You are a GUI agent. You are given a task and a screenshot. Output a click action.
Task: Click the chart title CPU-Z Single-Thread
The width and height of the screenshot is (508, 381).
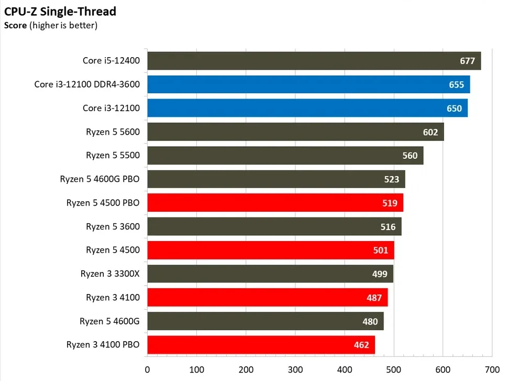(60, 11)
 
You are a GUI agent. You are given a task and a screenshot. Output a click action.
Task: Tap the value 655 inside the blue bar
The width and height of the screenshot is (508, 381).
(456, 84)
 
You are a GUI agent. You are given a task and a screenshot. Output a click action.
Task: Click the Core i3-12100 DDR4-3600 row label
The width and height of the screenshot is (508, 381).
(87, 84)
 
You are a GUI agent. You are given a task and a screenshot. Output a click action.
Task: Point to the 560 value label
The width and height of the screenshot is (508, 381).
(410, 156)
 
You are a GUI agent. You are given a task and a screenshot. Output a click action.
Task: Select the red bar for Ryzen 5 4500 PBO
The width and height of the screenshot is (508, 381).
(274, 203)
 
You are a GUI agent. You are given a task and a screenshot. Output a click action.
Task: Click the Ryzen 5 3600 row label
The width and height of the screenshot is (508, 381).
(113, 226)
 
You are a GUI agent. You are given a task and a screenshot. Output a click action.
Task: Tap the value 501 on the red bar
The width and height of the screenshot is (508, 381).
(381, 250)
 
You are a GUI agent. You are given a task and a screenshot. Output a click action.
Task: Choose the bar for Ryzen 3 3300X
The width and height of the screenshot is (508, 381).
(270, 274)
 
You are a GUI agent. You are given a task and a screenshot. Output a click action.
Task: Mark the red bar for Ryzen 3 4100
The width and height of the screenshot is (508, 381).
(267, 297)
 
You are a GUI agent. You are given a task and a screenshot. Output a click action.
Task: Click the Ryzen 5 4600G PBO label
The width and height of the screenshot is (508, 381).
(100, 179)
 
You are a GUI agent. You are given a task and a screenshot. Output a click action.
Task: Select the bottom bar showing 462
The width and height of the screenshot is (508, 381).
(261, 345)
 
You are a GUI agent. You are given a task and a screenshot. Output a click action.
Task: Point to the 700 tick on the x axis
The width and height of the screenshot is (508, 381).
(492, 369)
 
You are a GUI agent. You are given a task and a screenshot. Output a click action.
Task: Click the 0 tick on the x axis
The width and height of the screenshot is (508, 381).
(148, 369)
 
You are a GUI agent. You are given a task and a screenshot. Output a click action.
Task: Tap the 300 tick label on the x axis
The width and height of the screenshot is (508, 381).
(295, 369)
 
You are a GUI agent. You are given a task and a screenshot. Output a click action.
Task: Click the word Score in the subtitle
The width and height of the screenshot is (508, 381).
(15, 25)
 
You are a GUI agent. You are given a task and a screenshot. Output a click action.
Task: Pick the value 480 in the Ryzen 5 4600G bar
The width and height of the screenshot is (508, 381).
(370, 321)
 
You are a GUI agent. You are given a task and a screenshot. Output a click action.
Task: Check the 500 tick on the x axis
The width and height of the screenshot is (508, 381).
(393, 369)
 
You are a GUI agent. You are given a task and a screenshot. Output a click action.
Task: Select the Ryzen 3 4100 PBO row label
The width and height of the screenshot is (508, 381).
(103, 345)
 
